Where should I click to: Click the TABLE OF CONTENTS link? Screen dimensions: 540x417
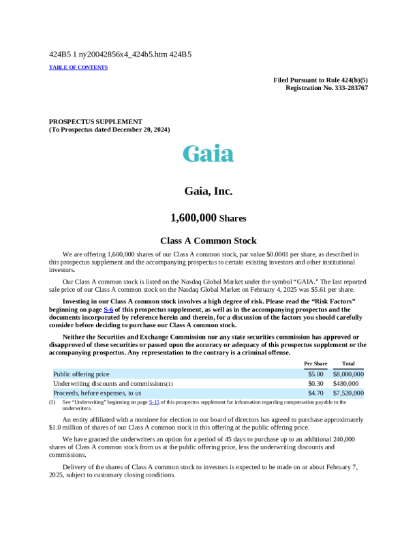(x=78, y=67)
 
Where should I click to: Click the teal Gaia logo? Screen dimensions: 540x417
(x=208, y=153)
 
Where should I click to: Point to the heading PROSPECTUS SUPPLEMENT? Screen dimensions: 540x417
(x=95, y=121)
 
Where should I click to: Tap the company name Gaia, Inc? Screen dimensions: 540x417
(x=208, y=192)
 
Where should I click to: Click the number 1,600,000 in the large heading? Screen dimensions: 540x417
(x=194, y=218)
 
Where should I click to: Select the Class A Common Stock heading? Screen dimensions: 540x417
(x=208, y=241)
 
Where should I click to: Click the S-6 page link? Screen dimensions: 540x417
(x=108, y=310)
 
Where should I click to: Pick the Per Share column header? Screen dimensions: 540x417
(x=315, y=363)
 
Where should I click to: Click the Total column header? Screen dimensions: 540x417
(x=348, y=363)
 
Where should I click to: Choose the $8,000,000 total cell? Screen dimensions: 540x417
(x=348, y=374)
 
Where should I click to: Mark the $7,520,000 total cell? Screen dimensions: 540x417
(x=348, y=393)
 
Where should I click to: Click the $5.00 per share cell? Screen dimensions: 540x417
(x=315, y=374)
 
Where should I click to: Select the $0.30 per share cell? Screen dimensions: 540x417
(x=315, y=384)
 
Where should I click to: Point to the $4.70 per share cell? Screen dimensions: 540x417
(x=315, y=393)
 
